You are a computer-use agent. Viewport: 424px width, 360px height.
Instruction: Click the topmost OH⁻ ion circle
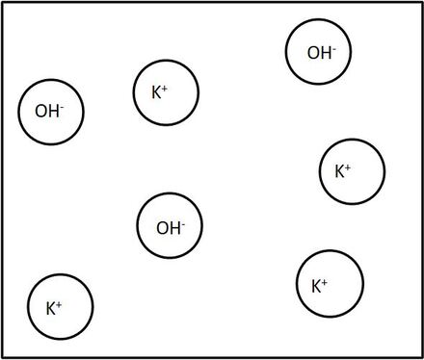point(319,52)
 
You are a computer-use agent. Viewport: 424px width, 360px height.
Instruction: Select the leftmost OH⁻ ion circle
point(52,111)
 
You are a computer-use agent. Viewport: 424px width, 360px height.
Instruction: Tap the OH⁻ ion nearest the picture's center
point(171,227)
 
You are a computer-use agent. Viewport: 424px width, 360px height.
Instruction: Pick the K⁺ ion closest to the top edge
point(166,93)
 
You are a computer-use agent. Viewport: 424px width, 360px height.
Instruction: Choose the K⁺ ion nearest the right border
point(353,171)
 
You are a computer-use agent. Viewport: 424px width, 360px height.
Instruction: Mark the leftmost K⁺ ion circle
point(60,308)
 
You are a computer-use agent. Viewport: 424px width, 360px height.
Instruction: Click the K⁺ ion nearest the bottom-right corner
point(330,285)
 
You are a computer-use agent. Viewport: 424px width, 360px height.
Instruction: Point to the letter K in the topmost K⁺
point(156,93)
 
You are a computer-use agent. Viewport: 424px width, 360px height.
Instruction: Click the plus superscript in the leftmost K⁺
point(59,304)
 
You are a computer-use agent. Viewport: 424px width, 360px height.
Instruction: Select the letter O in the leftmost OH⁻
point(40,112)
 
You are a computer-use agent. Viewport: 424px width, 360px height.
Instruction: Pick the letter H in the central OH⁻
point(174,228)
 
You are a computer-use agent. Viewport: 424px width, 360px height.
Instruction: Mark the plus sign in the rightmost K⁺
point(348,167)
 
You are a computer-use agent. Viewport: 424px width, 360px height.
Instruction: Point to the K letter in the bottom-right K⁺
point(316,286)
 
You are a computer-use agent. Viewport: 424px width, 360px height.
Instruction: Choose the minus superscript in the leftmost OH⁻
point(62,106)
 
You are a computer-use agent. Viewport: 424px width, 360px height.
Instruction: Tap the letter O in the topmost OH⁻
point(312,53)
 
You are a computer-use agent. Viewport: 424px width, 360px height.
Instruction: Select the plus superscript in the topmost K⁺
point(165,89)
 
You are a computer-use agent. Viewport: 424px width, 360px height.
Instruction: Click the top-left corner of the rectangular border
point(2,3)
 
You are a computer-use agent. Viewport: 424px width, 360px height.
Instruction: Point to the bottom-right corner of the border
point(421,356)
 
